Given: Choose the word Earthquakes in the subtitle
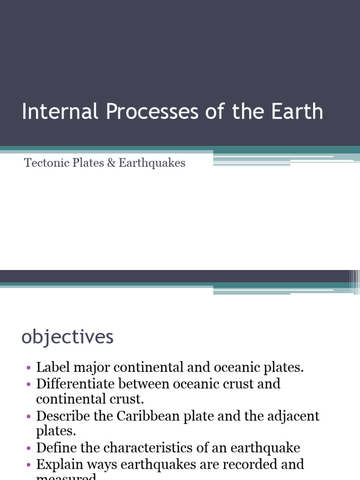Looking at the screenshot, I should tap(152, 163).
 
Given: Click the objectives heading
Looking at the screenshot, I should tap(67, 337).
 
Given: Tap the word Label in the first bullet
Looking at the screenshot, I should tap(50, 367).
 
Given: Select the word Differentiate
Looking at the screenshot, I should tap(75, 383).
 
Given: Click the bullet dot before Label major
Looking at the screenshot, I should tap(29, 368).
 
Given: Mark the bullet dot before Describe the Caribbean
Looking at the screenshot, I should tap(29, 416).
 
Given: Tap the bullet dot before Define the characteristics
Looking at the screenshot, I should tap(29, 448).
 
